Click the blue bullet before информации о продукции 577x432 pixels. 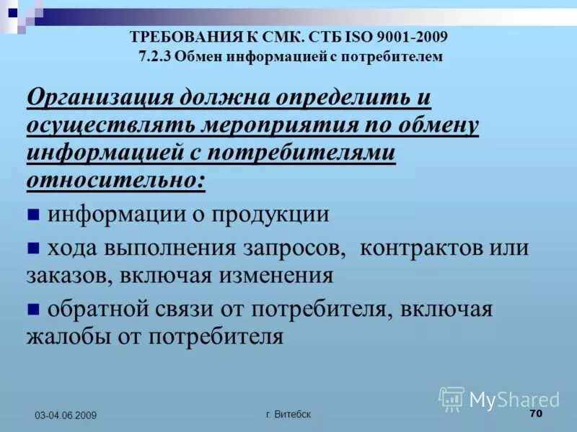coord(33,214)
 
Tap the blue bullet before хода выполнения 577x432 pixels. coord(33,248)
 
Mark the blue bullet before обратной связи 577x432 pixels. coord(33,309)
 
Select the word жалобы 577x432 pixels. coord(67,336)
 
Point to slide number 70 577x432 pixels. coord(535,413)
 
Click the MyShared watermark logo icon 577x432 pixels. coord(452,399)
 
